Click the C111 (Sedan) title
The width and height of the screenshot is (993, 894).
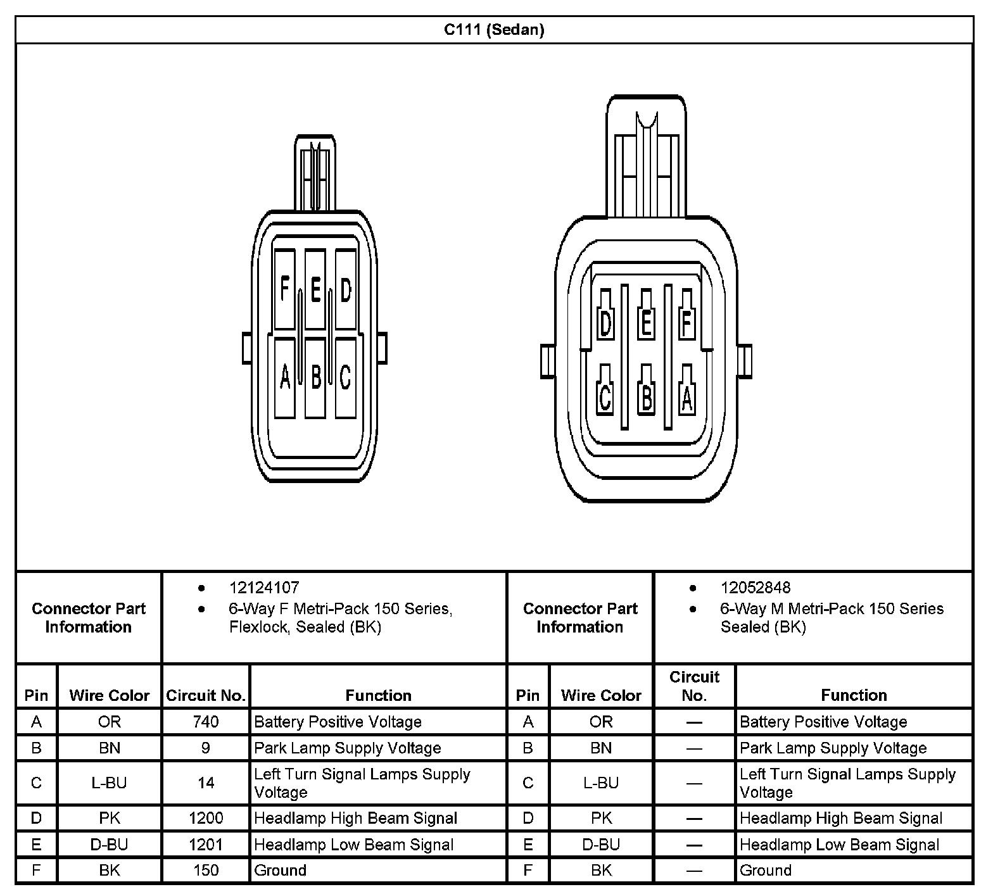tap(494, 30)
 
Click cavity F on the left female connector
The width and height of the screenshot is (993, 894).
tap(284, 290)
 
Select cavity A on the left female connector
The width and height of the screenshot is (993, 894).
tap(284, 377)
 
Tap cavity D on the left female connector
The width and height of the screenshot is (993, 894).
tap(345, 290)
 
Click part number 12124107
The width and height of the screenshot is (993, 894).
tap(264, 588)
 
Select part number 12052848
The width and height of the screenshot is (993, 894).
tap(756, 588)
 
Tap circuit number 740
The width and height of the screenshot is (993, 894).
tap(206, 722)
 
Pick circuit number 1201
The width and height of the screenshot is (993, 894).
tap(206, 845)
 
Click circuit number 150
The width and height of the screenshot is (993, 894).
tap(206, 871)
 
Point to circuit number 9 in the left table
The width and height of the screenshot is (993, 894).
tap(206, 748)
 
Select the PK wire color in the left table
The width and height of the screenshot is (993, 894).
tap(110, 818)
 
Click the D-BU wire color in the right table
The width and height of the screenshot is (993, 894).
tap(601, 845)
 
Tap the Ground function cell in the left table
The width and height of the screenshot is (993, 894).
tap(281, 871)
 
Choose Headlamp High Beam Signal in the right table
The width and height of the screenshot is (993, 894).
tap(841, 818)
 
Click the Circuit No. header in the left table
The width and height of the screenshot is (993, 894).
tap(206, 696)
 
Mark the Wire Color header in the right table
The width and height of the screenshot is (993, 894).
tap(601, 696)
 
